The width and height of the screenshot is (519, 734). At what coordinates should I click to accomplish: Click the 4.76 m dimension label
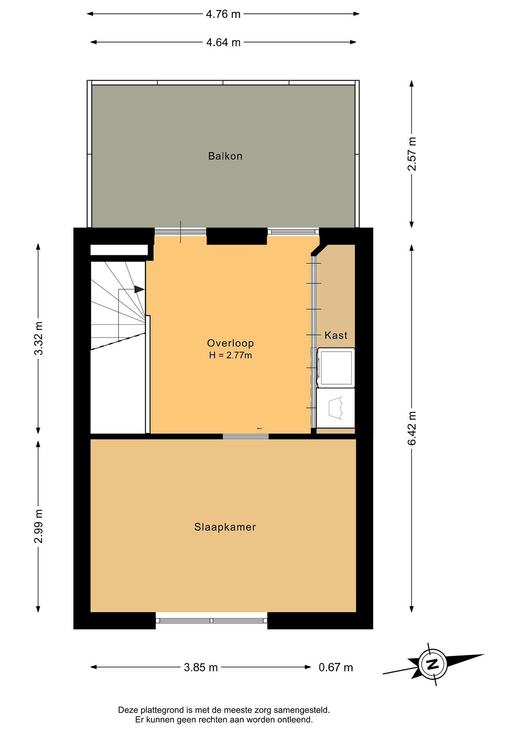(223, 14)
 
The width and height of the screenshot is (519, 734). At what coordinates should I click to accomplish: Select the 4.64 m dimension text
(223, 42)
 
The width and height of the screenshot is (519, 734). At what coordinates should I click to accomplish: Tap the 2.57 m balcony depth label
(412, 154)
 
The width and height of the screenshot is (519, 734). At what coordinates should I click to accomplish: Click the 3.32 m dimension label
(38, 338)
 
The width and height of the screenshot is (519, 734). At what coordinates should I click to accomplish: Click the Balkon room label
(225, 156)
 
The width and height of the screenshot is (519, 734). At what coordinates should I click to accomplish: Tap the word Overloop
(230, 343)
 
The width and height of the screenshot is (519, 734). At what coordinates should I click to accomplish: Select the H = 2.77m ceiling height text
(230, 355)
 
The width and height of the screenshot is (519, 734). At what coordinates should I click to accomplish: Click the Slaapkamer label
(225, 527)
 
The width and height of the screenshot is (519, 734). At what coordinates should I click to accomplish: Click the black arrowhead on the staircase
(139, 289)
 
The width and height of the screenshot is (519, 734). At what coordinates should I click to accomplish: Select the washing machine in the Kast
(336, 368)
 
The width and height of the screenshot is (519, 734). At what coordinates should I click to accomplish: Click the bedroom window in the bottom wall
(211, 621)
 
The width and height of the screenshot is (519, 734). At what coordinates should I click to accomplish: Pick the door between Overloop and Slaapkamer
(246, 436)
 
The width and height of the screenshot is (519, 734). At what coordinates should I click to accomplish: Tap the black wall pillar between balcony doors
(237, 236)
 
